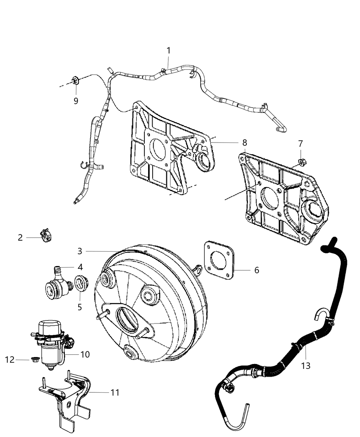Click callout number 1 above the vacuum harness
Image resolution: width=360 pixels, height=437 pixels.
click(x=168, y=50)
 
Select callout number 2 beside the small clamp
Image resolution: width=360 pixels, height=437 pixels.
click(x=20, y=237)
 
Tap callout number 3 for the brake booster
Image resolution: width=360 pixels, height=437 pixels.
click(x=80, y=251)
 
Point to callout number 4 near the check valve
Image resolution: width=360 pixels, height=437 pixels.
click(x=80, y=266)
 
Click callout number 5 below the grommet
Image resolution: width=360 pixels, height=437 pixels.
click(x=80, y=307)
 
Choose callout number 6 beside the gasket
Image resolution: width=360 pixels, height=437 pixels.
click(x=256, y=270)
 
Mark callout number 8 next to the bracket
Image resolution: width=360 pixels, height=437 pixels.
click(x=244, y=142)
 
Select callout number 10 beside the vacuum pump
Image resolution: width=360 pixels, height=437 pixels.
click(x=85, y=354)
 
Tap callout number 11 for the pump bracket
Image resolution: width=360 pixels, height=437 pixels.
click(x=115, y=392)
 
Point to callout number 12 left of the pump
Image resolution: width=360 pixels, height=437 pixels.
click(x=10, y=360)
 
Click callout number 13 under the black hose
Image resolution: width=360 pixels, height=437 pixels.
click(x=305, y=366)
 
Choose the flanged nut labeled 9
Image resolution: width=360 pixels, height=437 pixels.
click(x=75, y=81)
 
